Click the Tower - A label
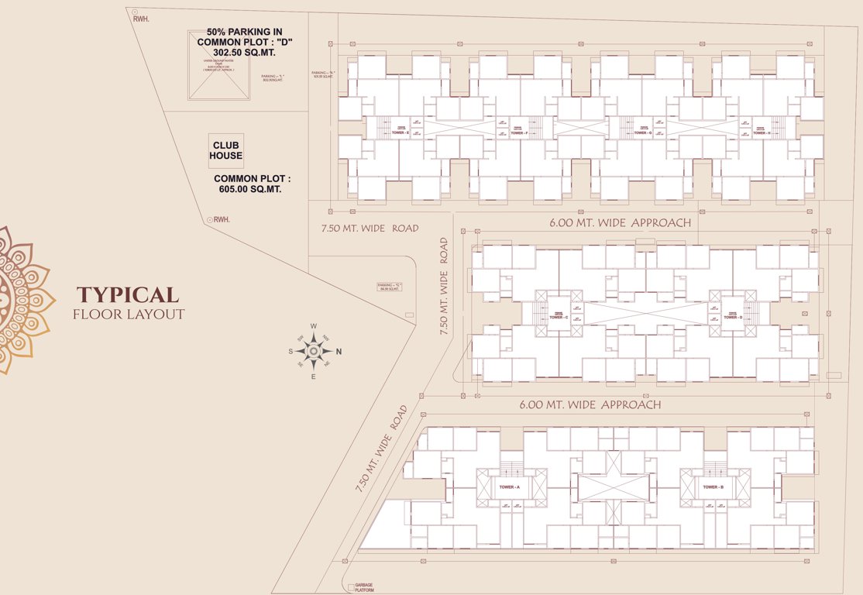pos(509,487)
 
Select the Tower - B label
pos(713,487)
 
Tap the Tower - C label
pos(559,318)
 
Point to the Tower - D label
pos(731,318)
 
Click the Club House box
pos(225,150)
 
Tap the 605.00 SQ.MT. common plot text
pos(253,189)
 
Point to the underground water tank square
pos(219,65)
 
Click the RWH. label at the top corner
pos(140,19)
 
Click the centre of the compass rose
pos(314,352)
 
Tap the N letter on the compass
pos(339,352)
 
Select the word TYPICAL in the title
pos(128,294)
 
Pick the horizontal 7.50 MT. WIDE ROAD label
pos(370,228)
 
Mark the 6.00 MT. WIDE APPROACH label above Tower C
pos(620,223)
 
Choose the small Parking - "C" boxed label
pos(390,287)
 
